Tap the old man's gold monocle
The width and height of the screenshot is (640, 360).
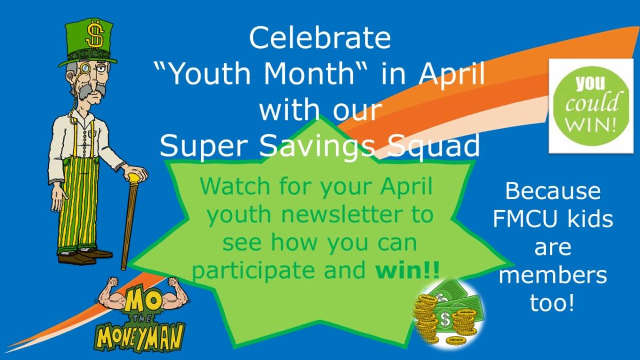pos(85,68)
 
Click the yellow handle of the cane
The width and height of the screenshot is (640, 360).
pos(134,178)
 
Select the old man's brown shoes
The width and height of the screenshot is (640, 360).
pos(85,257)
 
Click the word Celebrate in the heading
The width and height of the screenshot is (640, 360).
pos(320,38)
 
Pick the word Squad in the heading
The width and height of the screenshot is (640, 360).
pos(434,146)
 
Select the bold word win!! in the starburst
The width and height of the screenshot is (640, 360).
pos(407,270)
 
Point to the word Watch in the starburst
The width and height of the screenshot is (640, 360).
pos(235,186)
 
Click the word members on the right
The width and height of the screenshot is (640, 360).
pos(553,275)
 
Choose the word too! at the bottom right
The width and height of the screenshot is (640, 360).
pos(552,303)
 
